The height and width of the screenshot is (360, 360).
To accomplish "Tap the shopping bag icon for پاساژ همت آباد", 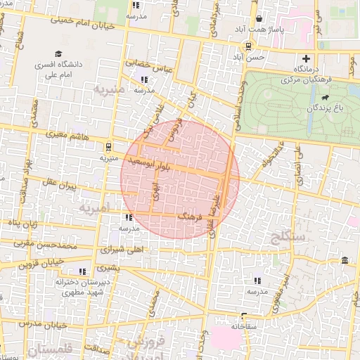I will [259, 20].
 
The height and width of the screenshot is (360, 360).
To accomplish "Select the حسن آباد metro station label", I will [251, 56].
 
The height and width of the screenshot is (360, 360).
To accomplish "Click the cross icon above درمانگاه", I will [305, 59].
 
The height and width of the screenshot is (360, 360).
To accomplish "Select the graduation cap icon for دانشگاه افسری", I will [58, 53].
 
